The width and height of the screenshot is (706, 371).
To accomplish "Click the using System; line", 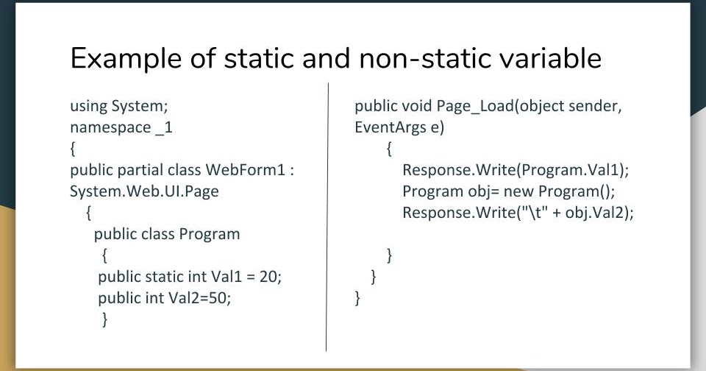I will tap(124, 106).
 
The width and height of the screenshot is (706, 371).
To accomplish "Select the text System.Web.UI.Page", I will tap(144, 191).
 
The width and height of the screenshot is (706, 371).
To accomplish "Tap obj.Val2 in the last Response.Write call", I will tap(596, 213).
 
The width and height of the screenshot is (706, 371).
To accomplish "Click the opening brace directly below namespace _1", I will tap(73, 149).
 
